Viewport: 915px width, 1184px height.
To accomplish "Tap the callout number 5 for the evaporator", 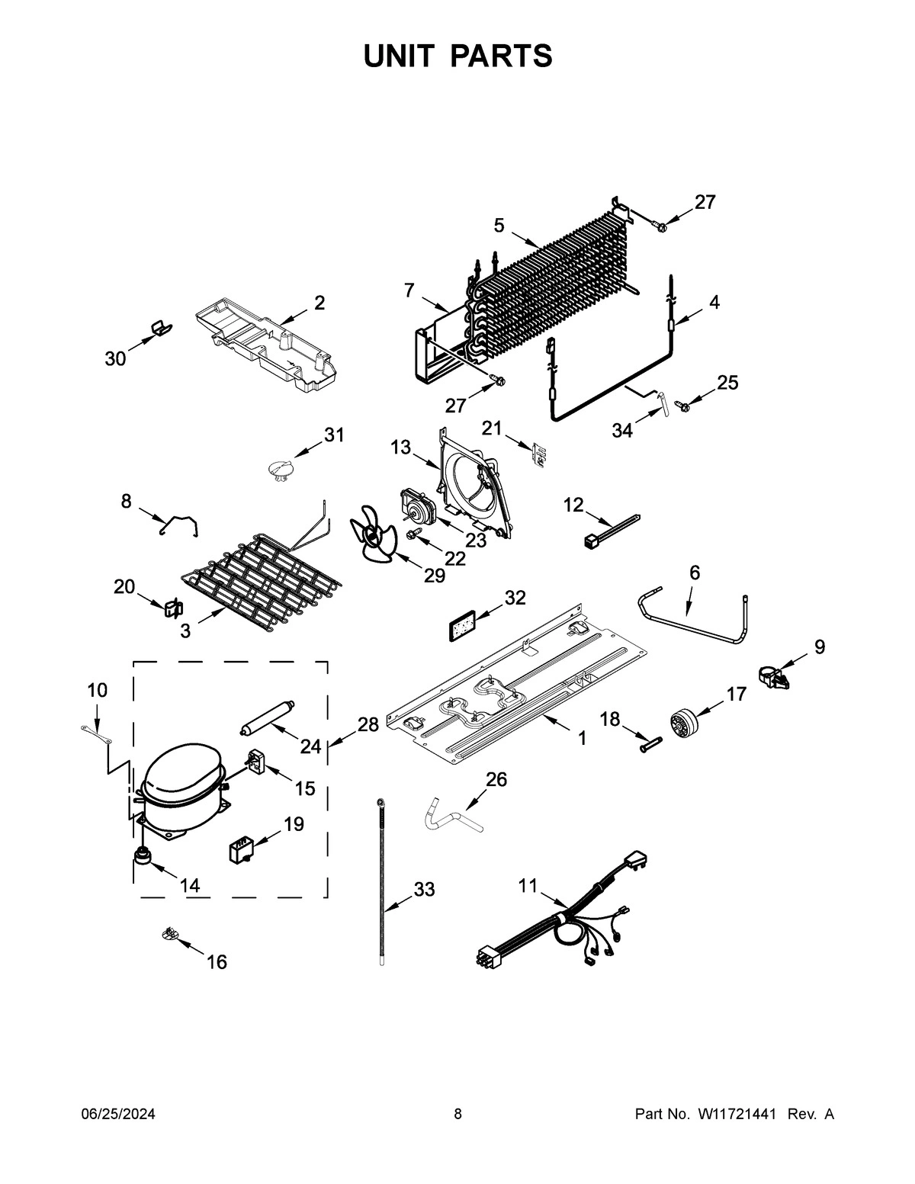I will click(x=499, y=225).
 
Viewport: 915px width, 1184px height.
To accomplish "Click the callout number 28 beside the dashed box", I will click(x=368, y=724).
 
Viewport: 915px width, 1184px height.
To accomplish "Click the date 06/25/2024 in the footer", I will click(x=118, y=1115).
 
